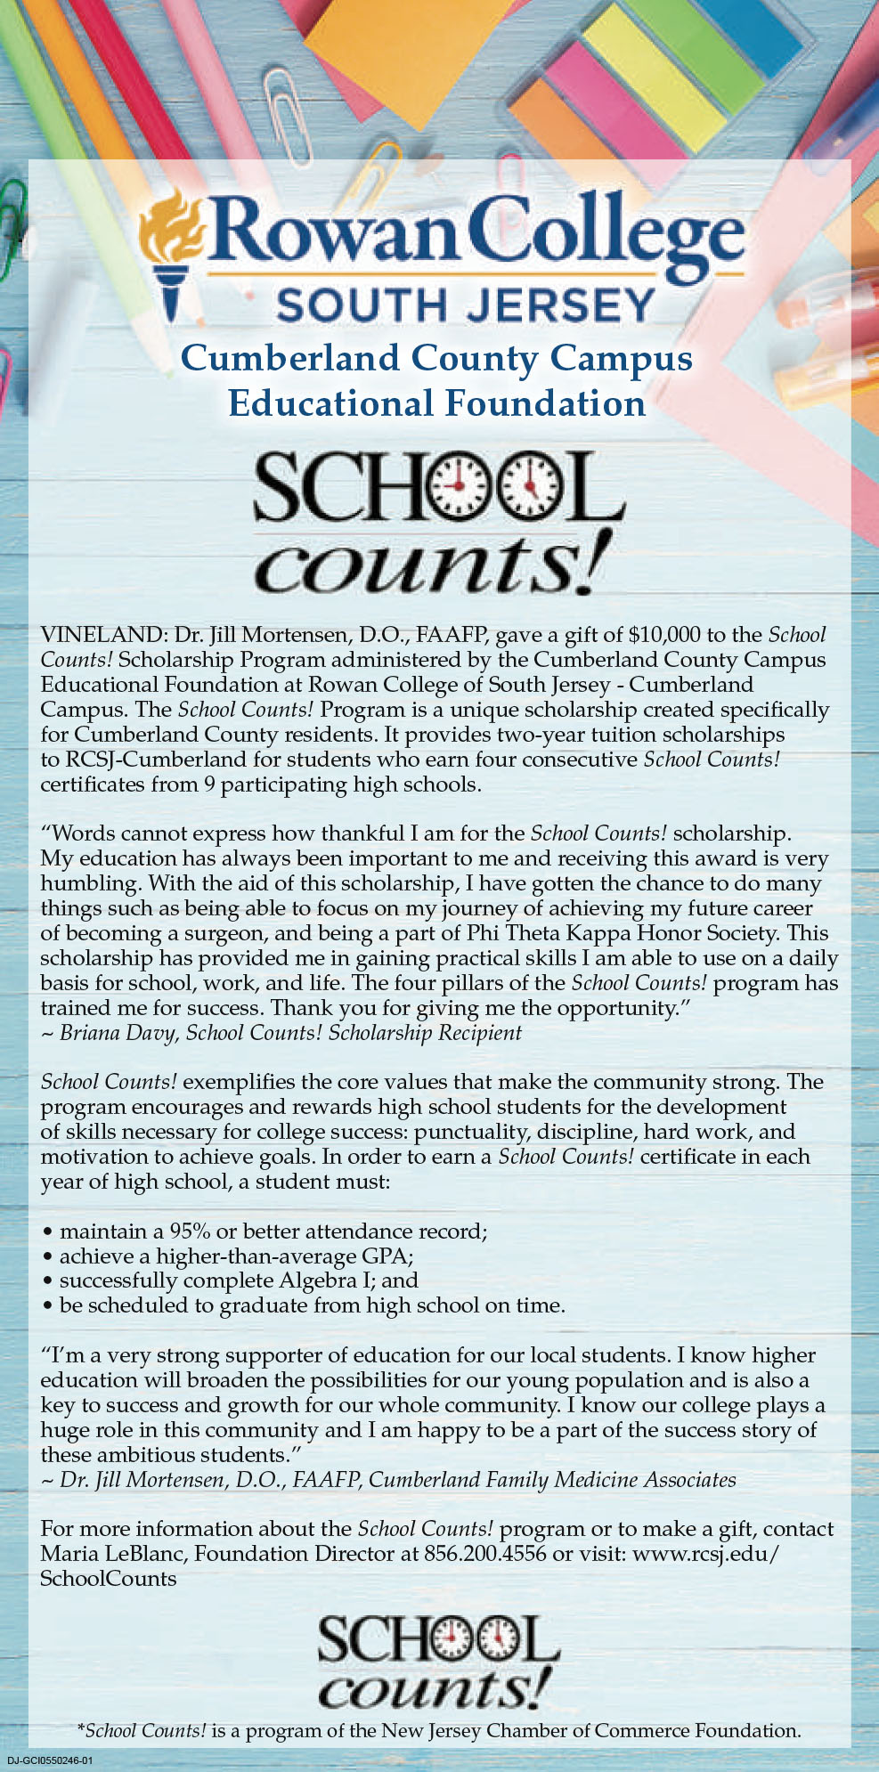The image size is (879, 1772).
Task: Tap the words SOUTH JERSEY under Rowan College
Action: (465, 305)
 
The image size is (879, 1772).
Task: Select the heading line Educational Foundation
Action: (436, 403)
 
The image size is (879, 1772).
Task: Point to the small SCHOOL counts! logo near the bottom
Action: (437, 1662)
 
